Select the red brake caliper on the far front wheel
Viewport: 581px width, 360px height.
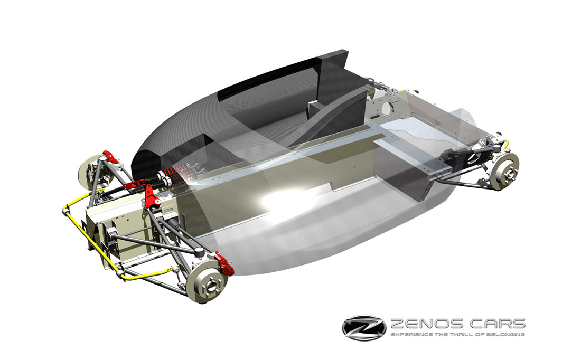click(111, 157)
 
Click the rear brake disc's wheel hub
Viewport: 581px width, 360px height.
click(509, 172)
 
